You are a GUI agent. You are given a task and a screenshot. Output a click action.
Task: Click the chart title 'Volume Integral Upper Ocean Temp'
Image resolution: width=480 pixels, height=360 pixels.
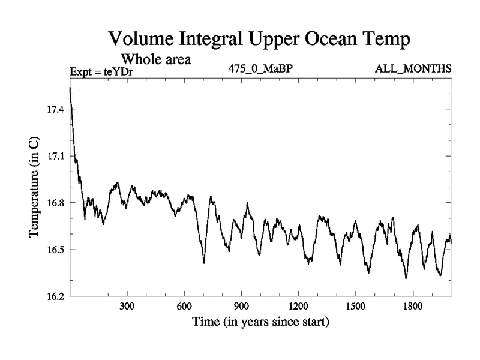click(259, 40)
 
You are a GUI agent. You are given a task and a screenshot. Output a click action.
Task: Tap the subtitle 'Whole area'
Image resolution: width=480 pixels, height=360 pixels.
click(156, 59)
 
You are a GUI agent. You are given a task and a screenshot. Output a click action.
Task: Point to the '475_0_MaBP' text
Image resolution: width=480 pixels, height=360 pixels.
click(260, 69)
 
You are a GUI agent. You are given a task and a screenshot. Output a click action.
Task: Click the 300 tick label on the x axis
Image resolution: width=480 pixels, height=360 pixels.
click(127, 307)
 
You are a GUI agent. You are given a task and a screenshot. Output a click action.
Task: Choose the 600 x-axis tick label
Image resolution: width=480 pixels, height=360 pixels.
click(184, 307)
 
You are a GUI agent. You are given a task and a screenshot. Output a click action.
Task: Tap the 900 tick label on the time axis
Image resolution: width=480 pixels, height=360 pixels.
click(241, 307)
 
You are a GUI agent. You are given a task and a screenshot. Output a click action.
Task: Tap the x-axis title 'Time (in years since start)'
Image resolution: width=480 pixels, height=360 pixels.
click(260, 322)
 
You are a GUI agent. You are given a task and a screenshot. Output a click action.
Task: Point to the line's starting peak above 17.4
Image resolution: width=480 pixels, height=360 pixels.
click(70, 88)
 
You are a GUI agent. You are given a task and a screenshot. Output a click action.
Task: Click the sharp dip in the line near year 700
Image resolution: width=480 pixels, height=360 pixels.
click(204, 262)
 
